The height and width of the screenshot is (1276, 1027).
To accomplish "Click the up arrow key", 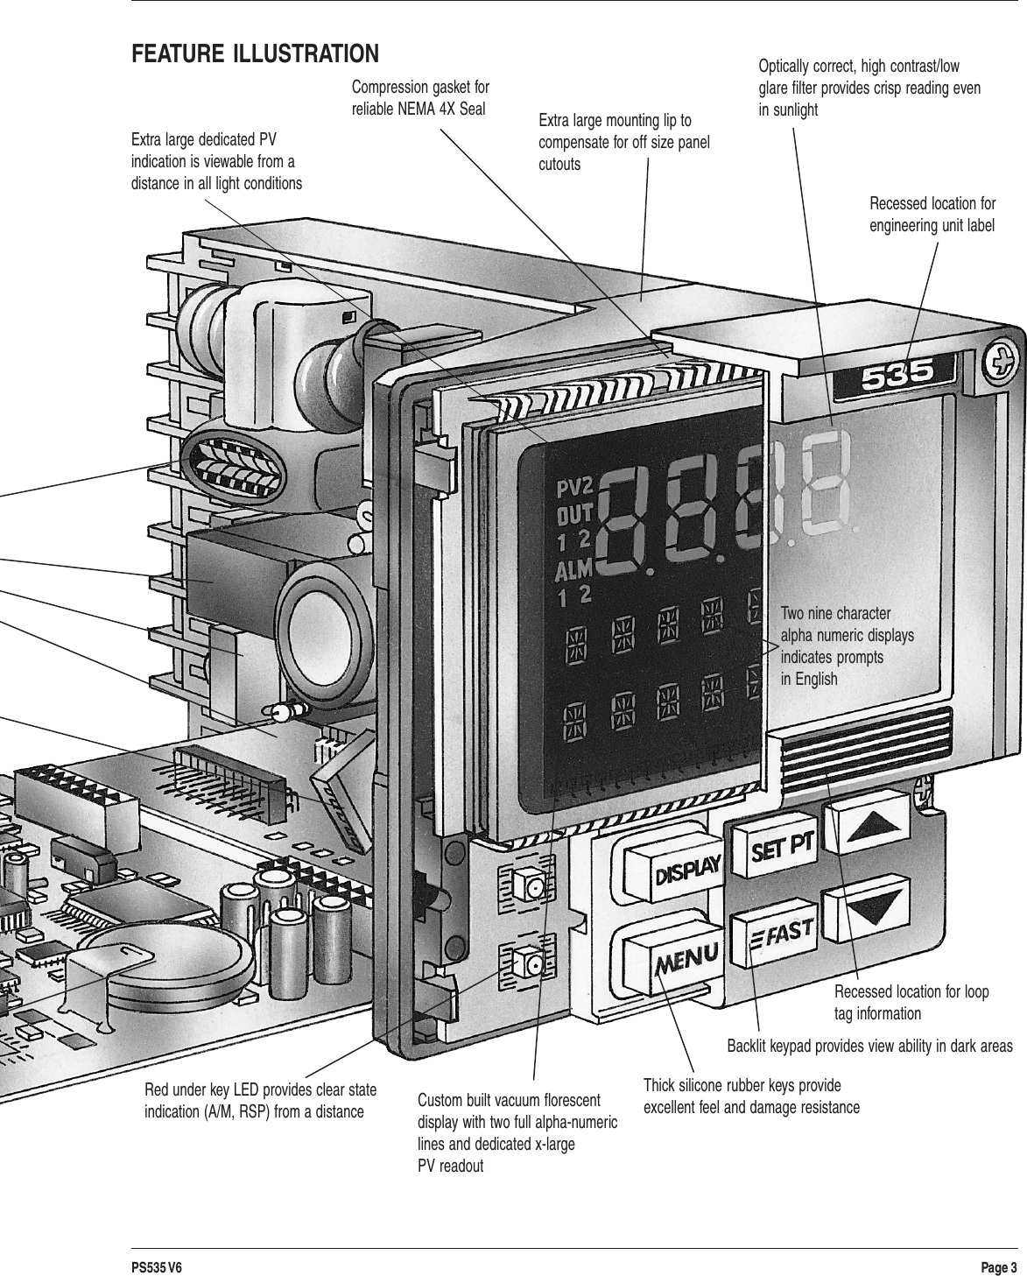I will tap(865, 827).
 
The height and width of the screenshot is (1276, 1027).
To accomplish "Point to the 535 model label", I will tap(898, 377).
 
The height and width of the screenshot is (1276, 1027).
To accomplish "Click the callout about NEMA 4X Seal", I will tap(420, 98).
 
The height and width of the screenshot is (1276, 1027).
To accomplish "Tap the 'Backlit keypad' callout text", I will tap(869, 1047).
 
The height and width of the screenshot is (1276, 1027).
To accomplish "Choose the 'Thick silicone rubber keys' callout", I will tap(751, 1096).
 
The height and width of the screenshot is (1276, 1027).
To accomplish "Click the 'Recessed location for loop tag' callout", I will tap(911, 1003).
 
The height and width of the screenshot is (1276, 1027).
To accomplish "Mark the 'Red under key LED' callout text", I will tap(260, 1102).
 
